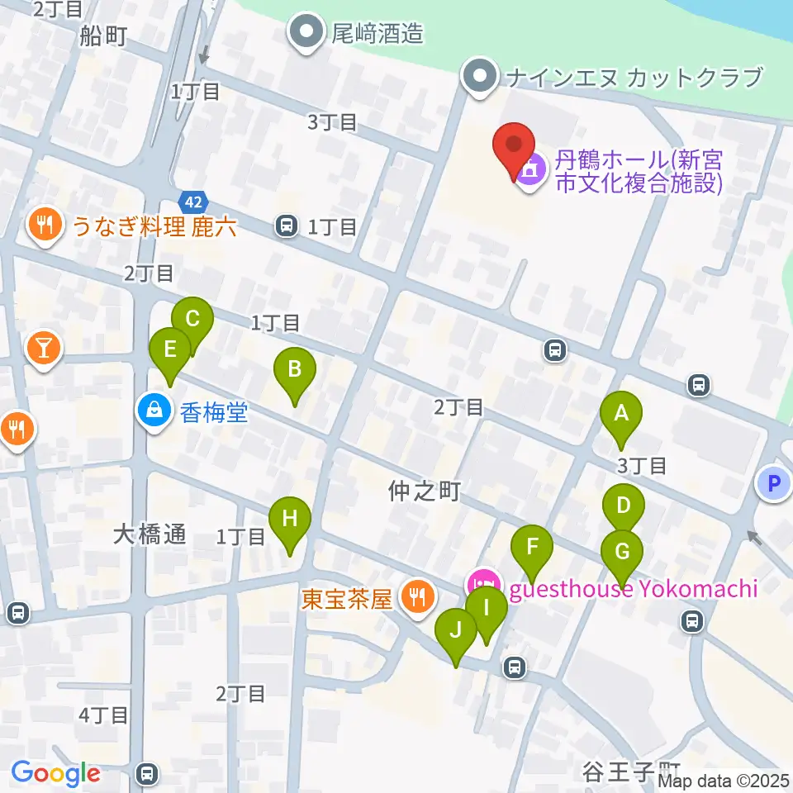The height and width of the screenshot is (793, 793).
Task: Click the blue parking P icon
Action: (774, 484)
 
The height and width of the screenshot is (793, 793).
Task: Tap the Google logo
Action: (55, 774)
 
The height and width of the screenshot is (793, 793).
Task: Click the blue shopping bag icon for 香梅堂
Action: (154, 409)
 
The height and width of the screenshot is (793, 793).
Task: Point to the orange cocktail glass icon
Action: (44, 347)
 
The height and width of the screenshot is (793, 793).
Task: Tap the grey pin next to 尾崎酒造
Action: (307, 32)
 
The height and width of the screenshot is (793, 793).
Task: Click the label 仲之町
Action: (424, 492)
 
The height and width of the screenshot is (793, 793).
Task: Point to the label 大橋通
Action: (150, 535)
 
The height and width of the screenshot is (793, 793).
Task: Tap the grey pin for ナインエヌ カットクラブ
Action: (479, 78)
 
